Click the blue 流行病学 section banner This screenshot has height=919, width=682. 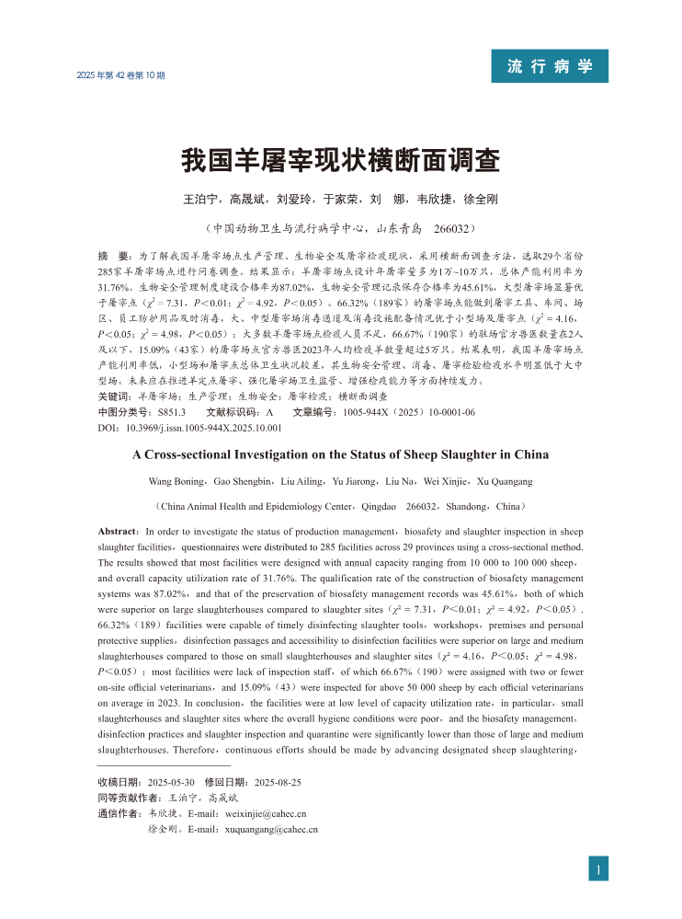pyautogui.click(x=550, y=66)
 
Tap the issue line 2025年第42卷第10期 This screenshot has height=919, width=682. pyautogui.click(x=121, y=75)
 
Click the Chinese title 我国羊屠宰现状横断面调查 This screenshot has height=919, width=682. pyautogui.click(x=340, y=161)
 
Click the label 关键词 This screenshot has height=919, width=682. pyautogui.click(x=114, y=396)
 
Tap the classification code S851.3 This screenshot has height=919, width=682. pyautogui.click(x=172, y=412)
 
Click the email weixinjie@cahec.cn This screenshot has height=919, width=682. pyautogui.click(x=266, y=813)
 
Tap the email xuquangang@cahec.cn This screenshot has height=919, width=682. pyautogui.click(x=271, y=830)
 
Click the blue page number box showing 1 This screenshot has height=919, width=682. pyautogui.click(x=598, y=868)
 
